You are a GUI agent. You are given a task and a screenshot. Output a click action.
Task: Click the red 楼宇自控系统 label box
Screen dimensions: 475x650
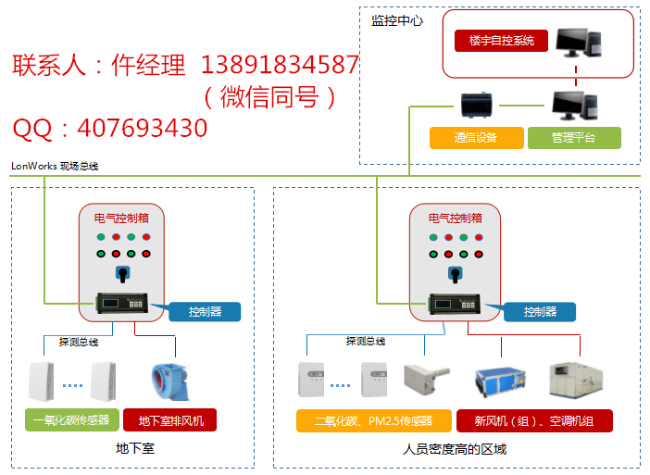(501, 41)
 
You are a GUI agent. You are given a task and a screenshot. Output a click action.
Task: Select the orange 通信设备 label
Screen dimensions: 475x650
(475, 138)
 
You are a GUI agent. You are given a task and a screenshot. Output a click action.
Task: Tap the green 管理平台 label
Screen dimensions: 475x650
(573, 138)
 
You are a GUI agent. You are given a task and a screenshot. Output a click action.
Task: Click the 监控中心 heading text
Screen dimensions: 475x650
(396, 19)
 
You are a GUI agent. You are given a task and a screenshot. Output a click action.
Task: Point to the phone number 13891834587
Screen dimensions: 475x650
(279, 65)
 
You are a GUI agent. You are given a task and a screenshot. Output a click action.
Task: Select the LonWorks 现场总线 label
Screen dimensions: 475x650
(55, 167)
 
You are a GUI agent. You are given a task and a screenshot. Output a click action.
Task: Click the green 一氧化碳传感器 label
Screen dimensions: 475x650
(70, 420)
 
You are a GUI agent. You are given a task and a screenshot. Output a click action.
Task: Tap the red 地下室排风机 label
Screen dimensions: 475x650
(170, 420)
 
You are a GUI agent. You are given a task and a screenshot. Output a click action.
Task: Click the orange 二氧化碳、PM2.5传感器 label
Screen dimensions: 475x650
(372, 421)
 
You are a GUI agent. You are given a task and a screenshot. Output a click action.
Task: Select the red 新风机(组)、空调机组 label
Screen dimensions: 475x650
(533, 421)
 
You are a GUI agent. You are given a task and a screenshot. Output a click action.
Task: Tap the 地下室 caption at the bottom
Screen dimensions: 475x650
(134, 449)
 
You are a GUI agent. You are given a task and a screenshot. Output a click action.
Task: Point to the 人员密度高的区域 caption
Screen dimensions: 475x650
(455, 449)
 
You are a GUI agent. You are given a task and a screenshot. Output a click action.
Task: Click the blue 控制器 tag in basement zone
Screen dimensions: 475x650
(205, 312)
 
